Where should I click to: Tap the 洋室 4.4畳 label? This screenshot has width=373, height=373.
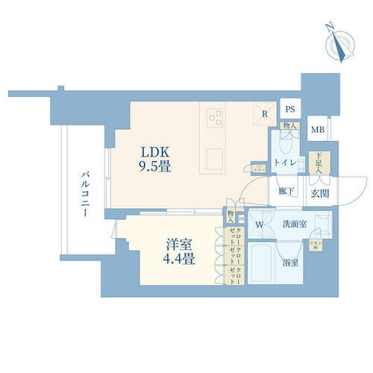click(x=179, y=251)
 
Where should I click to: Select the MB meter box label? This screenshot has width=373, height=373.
click(x=317, y=129)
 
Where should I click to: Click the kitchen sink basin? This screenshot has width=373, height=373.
click(x=215, y=158)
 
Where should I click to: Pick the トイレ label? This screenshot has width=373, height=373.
click(x=284, y=162)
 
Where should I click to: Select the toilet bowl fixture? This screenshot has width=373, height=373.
click(x=295, y=162)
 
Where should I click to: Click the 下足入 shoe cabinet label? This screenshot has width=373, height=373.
click(x=319, y=162)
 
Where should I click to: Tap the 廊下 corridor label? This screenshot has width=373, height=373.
click(x=286, y=192)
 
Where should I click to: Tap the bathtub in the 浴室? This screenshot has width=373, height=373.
click(x=261, y=263)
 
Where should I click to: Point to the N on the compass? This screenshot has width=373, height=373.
click(x=329, y=28)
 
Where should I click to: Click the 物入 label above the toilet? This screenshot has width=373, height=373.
click(x=288, y=126)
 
